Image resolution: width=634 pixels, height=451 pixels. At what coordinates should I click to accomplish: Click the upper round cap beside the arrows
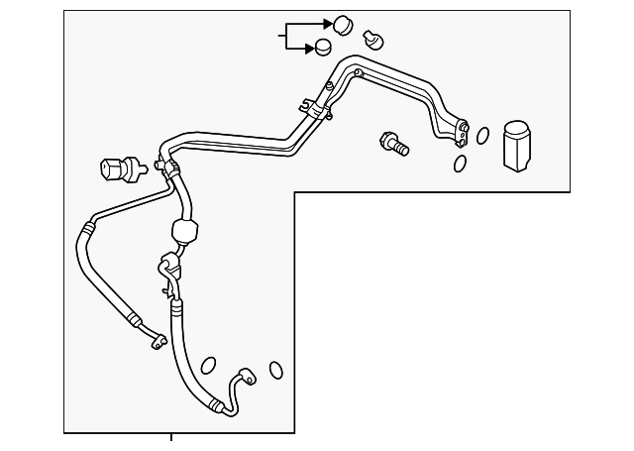point(343,24)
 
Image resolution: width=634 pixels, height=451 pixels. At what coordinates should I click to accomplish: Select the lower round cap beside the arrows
point(323,47)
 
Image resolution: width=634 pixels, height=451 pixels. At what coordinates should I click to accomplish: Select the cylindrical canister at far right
point(517,148)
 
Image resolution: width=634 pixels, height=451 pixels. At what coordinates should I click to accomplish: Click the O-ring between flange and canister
point(482,136)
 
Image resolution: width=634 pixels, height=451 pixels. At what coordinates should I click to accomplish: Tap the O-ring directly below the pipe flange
point(461,164)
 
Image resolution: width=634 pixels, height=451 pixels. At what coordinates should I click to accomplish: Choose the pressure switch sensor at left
point(119,169)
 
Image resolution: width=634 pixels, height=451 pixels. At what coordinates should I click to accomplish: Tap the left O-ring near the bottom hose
point(208,366)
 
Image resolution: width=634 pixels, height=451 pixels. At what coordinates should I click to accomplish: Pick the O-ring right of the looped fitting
point(276,370)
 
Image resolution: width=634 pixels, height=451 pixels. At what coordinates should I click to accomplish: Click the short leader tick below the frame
point(171,438)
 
